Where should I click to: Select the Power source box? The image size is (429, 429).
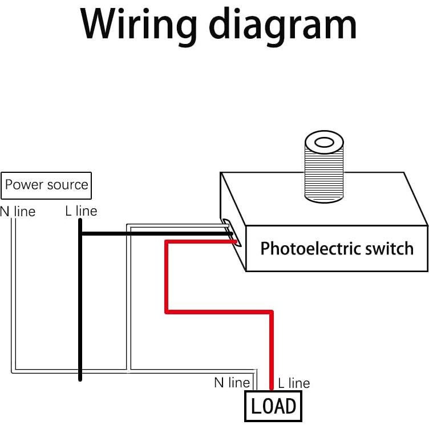pos(46,185)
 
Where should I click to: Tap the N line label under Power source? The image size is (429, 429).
pos(18,212)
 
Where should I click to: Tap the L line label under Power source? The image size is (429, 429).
pos(81,211)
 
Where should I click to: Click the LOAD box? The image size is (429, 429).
pos(273,406)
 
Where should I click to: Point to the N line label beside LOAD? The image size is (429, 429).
pos(232,383)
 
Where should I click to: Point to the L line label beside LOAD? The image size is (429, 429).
pos(294,383)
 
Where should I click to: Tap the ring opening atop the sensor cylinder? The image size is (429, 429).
pos(323,140)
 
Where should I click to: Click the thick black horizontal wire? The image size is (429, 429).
pos(154,234)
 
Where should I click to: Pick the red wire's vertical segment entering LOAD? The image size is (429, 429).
pos(272,348)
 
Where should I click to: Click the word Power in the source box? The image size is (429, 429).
pos(24,185)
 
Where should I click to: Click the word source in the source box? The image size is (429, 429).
pos(67,185)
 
